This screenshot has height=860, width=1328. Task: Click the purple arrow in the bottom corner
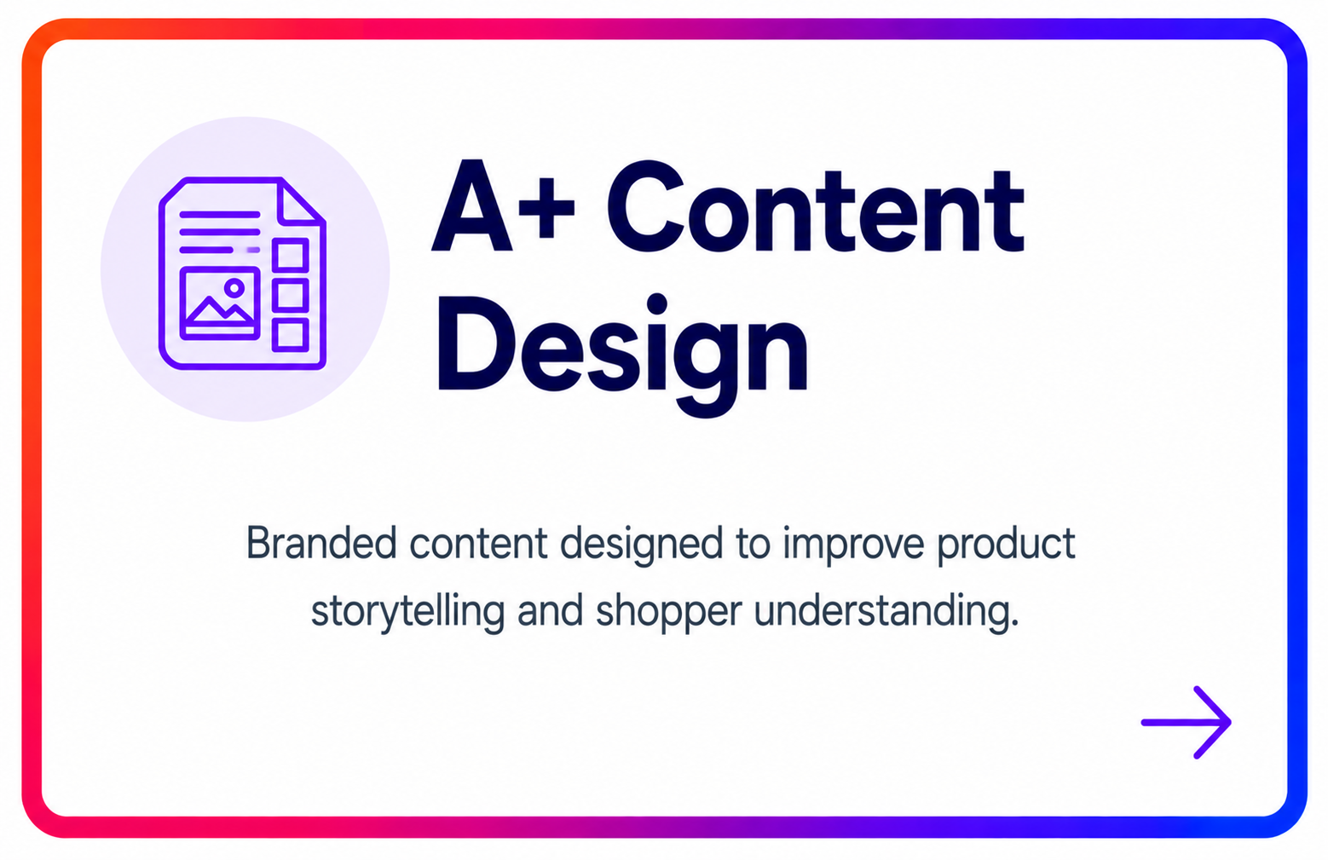pyautogui.click(x=1187, y=722)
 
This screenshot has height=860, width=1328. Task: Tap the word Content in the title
pyautogui.click(x=815, y=206)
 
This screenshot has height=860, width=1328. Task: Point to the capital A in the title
pyautogui.click(x=472, y=206)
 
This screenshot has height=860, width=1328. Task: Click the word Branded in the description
pyautogui.click(x=321, y=543)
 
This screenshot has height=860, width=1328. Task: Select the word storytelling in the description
pyautogui.click(x=408, y=611)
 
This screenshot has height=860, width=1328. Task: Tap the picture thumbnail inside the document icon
pyautogui.click(x=220, y=303)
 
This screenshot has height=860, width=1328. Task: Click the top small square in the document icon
pyautogui.click(x=291, y=255)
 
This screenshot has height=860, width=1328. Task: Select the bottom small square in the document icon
pyautogui.click(x=291, y=335)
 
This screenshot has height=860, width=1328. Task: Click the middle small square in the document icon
pyautogui.click(x=291, y=295)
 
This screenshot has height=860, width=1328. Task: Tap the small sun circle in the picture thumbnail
pyautogui.click(x=234, y=289)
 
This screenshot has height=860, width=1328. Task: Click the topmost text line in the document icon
pyautogui.click(x=220, y=215)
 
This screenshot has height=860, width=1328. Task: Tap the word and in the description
pyautogui.click(x=550, y=610)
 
